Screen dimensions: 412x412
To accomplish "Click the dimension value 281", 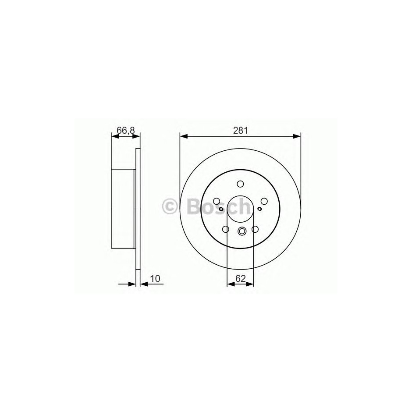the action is pos(241,131).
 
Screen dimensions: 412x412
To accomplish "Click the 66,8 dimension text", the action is pos(126,131).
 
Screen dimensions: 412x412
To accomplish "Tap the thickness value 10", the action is pos(156,278).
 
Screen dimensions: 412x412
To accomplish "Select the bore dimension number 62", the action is pos(241,278).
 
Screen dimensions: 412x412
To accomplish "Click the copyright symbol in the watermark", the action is pos(170,206).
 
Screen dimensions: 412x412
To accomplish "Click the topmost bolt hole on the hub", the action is pos(240,184).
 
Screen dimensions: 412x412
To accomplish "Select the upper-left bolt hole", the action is pos(217,201).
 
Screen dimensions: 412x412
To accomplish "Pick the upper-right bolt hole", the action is pos(264,201).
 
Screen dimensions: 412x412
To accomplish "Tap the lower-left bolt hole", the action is pos(225,229).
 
